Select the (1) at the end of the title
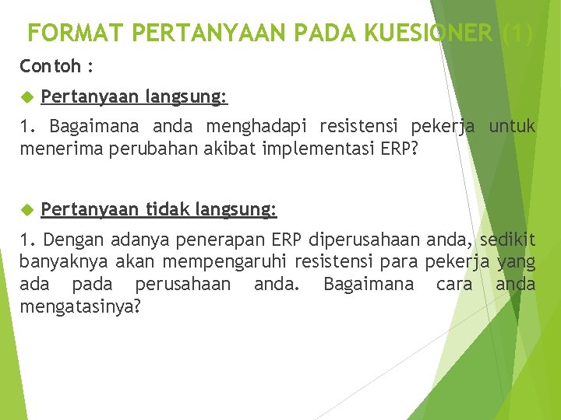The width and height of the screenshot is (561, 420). coord(518,33)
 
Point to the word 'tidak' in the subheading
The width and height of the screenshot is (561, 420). coord(169,208)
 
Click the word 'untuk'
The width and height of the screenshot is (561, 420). coord(512,126)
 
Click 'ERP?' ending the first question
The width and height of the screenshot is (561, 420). coord(400,148)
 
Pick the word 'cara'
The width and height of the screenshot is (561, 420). coord(453,284)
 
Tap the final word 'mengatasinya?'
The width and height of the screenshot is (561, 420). coord(80,306)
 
